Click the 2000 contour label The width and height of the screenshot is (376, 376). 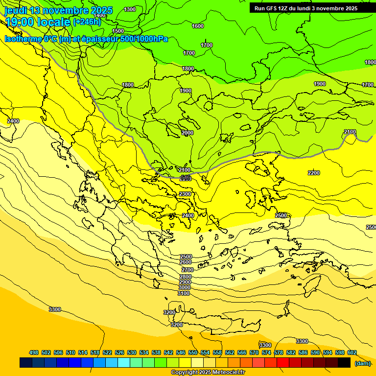click(x=188, y=133)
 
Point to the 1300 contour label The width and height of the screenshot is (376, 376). click(x=130, y=9)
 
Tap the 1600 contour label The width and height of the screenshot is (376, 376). click(x=198, y=26)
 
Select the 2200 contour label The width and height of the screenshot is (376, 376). click(x=314, y=173)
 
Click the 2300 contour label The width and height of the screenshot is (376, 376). click(x=185, y=194)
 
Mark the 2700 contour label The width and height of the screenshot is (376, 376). click(x=187, y=270)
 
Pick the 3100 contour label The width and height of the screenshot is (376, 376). click(x=184, y=293)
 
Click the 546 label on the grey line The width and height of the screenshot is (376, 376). click(x=186, y=177)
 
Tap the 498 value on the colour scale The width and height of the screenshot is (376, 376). click(x=34, y=352)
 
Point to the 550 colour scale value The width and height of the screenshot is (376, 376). click(x=192, y=352)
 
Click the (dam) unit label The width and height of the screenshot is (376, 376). click(x=363, y=363)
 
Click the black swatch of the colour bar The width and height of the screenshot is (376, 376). click(x=344, y=363)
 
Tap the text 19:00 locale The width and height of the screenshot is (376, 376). click(x=37, y=22)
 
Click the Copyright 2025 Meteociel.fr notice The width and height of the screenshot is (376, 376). click(x=208, y=373)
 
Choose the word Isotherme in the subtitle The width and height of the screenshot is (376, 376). click(x=23, y=39)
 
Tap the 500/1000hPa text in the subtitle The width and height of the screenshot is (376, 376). click(x=144, y=39)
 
